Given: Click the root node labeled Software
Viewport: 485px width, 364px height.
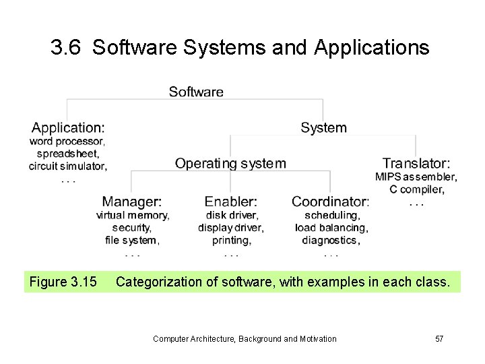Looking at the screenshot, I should (196, 92).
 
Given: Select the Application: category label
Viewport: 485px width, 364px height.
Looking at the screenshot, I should (68, 127).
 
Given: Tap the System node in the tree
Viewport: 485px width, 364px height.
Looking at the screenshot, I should (323, 127).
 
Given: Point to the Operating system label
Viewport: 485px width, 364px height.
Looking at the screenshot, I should (230, 163).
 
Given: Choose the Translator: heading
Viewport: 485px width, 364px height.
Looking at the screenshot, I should (416, 163).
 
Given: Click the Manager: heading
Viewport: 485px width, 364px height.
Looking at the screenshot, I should (132, 202).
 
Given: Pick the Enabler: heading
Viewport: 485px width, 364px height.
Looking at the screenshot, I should (231, 202).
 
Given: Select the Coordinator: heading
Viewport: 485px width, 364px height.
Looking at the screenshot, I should (331, 202).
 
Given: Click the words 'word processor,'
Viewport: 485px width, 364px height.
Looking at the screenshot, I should (67, 142).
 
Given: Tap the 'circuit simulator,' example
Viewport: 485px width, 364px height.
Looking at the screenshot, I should (68, 166).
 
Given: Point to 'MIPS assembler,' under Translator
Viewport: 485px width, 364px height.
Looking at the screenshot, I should (416, 177).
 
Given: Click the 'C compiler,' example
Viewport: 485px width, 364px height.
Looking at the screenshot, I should (416, 189).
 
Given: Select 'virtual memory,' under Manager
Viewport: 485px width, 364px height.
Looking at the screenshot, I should (133, 216).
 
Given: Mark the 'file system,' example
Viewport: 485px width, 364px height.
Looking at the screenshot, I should (133, 240).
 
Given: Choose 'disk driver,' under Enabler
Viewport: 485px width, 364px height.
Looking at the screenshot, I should (232, 216).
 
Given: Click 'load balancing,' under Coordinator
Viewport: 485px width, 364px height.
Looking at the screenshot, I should (331, 228).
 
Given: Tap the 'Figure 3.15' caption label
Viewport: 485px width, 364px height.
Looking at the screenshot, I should (63, 282).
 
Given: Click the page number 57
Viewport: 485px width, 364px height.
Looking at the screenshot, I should (439, 338).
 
